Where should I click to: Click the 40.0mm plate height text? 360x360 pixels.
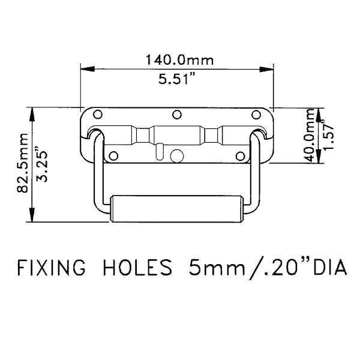[x=309, y=137]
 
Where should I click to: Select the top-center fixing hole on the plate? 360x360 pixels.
[x=176, y=115]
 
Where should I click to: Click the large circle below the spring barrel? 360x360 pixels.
[x=177, y=155]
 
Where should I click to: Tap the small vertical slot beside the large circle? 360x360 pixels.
[x=159, y=151]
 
